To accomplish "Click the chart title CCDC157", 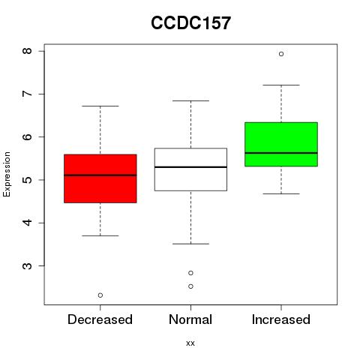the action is tap(190, 23).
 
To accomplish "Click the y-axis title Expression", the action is tap(7, 174).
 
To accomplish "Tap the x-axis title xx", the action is tap(190, 343).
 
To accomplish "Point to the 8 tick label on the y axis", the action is tap(27, 51).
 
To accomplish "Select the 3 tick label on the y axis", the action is tap(27, 265).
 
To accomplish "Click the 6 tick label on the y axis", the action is tap(27, 137).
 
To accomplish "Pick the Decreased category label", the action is tap(100, 319).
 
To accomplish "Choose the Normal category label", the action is tap(190, 319).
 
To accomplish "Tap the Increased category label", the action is tap(281, 319).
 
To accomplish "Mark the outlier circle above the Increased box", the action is tap(281, 54).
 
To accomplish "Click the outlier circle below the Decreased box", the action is tap(100, 295).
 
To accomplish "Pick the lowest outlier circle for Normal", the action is tap(190, 286).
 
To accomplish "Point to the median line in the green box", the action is tap(281, 153).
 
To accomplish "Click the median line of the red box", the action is tap(100, 175).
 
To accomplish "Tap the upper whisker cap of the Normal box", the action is tap(190, 100).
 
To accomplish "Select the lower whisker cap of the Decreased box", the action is tap(100, 235).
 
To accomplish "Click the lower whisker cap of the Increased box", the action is tap(281, 193).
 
